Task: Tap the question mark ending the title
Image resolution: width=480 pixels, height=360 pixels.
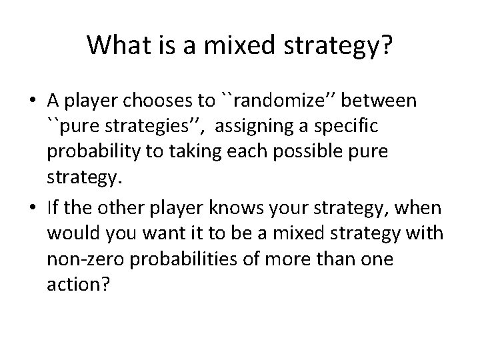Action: pyautogui.click(x=386, y=45)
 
